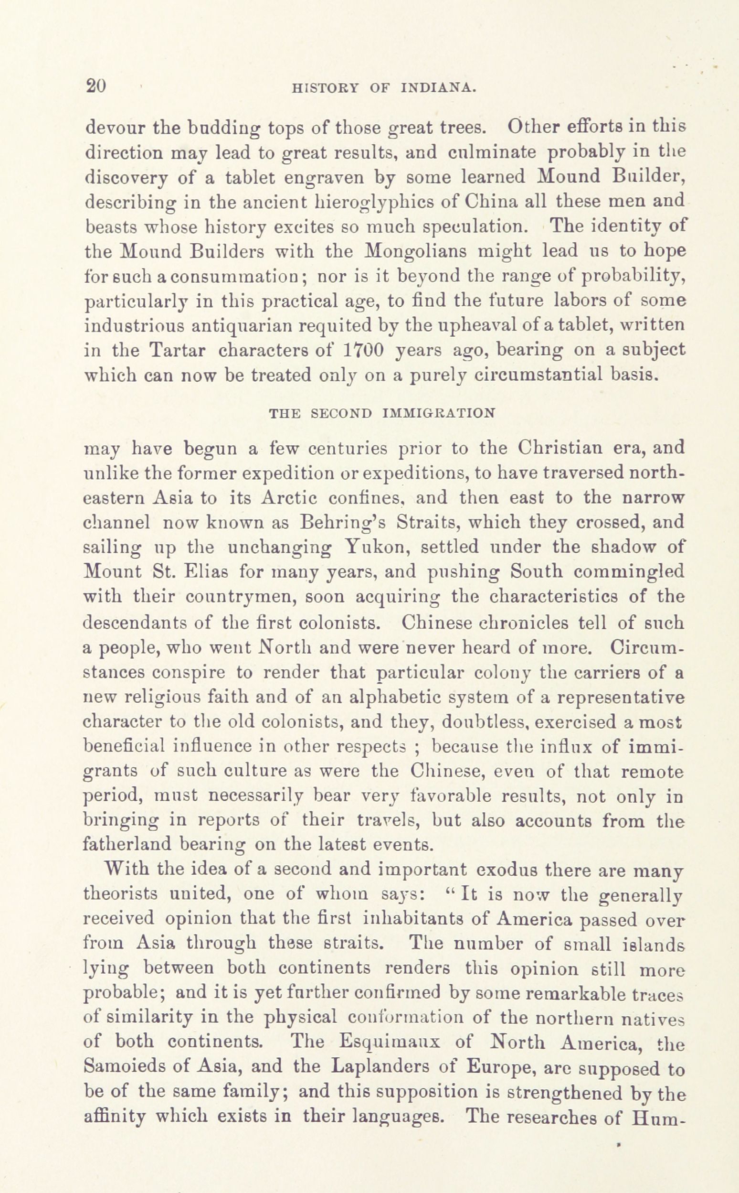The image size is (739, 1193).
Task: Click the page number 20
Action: coord(95,86)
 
